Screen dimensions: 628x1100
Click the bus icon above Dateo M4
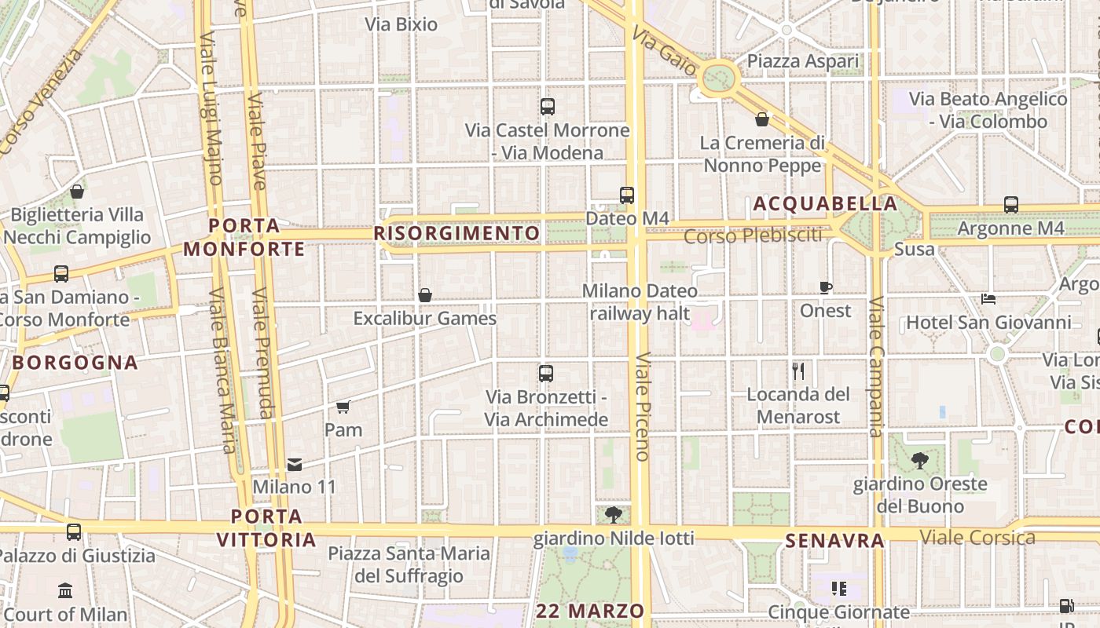click(627, 195)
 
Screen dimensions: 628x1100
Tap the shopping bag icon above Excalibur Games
click(425, 295)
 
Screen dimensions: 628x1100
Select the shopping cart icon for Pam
click(343, 407)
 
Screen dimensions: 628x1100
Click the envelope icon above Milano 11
click(295, 465)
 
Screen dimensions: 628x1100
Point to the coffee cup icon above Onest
click(826, 287)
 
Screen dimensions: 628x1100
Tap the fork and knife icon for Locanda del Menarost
click(798, 371)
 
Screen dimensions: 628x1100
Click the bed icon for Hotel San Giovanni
click(988, 299)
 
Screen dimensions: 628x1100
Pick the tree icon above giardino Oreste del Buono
click(919, 461)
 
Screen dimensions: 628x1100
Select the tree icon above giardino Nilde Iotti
click(614, 515)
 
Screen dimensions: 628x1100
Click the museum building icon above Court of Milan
click(65, 590)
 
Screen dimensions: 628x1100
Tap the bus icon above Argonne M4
click(1011, 205)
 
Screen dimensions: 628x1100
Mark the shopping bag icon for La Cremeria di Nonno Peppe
click(762, 119)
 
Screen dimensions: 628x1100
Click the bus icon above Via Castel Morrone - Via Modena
click(548, 107)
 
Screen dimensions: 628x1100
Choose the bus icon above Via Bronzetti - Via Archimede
click(546, 374)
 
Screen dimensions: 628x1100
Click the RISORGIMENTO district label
click(457, 233)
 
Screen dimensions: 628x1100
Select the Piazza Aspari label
click(803, 61)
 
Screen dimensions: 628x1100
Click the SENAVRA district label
click(835, 540)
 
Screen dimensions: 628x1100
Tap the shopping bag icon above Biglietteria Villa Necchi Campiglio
click(77, 192)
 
